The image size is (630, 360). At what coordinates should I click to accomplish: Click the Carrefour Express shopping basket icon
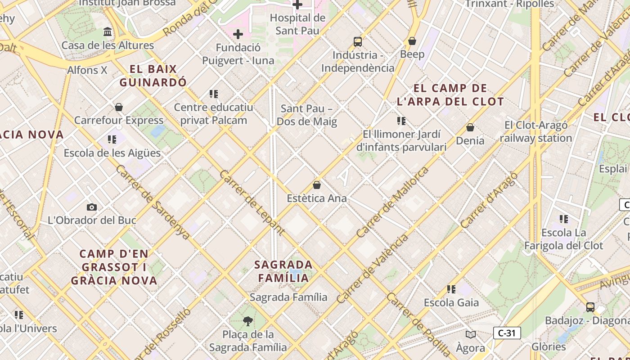click(x=119, y=107)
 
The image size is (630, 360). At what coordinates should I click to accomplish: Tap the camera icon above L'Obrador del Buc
click(x=92, y=207)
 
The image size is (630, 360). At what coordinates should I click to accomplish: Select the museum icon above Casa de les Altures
click(x=108, y=32)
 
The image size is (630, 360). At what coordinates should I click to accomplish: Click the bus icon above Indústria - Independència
click(x=358, y=42)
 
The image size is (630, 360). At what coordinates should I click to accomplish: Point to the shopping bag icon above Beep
click(x=412, y=41)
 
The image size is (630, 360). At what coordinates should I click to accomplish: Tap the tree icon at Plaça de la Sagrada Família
click(x=247, y=321)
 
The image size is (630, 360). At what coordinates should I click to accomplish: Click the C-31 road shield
click(x=507, y=333)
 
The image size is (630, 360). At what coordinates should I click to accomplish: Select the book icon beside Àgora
click(x=471, y=334)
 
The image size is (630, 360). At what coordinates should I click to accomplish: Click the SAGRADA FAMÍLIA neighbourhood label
click(x=283, y=271)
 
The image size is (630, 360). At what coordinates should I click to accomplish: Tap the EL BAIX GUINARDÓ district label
click(x=153, y=76)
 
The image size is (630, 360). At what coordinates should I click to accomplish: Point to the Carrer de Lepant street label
click(x=252, y=202)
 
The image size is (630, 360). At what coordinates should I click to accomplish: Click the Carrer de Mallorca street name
click(x=392, y=202)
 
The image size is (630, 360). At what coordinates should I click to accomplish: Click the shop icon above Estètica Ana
click(x=317, y=185)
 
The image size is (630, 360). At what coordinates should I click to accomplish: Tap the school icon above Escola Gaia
click(x=451, y=289)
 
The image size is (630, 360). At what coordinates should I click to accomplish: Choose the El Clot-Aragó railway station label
click(x=536, y=131)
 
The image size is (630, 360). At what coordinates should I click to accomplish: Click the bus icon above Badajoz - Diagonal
click(x=590, y=307)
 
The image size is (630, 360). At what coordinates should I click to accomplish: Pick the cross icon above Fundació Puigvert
click(x=238, y=34)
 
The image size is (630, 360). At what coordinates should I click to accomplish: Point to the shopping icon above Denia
click(x=470, y=127)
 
